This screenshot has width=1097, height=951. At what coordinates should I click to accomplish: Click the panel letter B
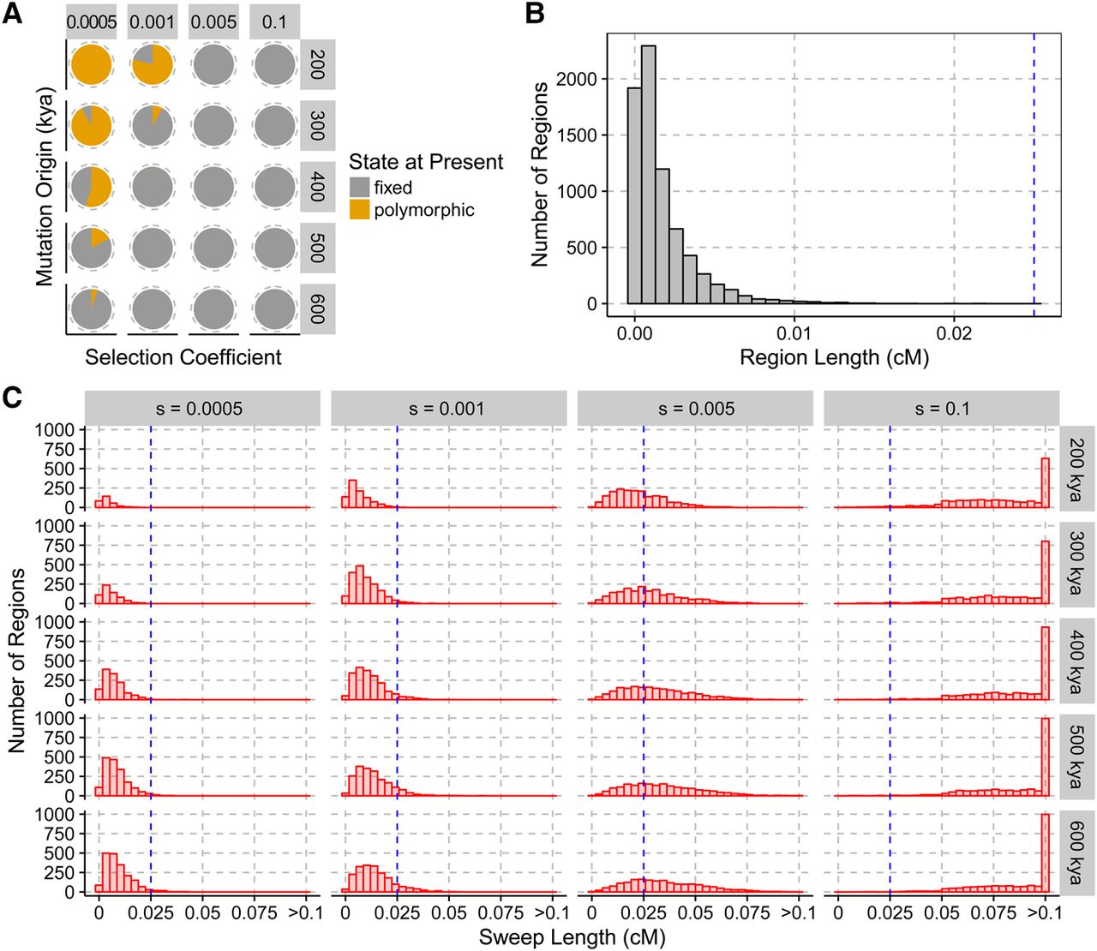coord(535,15)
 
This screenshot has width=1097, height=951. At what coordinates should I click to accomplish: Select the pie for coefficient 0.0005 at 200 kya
coord(92,65)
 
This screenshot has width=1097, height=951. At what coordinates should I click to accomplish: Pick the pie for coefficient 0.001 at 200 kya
coord(153,65)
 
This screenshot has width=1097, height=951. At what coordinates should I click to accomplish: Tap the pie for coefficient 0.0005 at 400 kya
coord(92,187)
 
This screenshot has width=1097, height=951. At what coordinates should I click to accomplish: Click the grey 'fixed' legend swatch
coord(360,188)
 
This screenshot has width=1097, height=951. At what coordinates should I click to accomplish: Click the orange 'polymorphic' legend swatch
coord(360,210)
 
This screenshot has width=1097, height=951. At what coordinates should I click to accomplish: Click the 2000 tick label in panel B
coord(576,79)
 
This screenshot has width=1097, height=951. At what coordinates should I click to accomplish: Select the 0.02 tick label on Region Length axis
coord(954,333)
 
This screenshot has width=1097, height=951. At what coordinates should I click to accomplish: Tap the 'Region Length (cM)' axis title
coord(834,357)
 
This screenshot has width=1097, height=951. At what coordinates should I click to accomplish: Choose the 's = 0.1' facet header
coord(941,409)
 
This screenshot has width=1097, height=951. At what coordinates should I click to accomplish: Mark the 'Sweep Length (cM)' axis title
coord(572,937)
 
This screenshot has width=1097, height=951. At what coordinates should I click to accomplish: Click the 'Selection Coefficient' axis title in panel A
coord(183,357)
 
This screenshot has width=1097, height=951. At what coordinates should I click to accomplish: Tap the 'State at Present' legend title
coord(426,162)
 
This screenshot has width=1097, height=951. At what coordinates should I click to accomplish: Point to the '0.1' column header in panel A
coord(274,22)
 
